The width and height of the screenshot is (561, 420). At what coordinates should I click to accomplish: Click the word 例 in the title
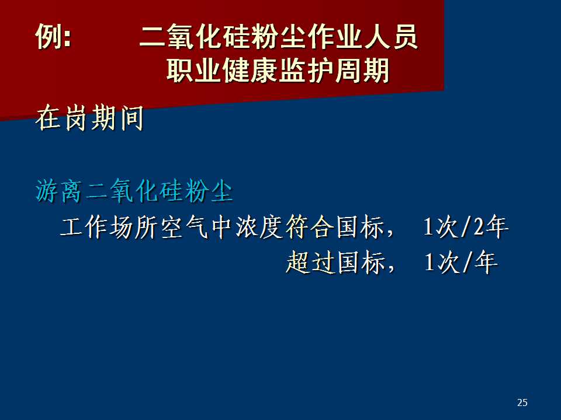pos(49,36)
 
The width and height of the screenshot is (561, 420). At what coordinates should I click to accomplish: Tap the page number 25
pos(522,402)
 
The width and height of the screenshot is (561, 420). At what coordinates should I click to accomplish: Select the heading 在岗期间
pos(89,118)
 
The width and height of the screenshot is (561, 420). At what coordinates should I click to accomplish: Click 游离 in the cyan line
pos(58,191)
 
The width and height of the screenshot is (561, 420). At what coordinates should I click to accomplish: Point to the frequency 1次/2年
pos(466,226)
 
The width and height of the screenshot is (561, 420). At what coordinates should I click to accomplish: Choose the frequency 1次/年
pos(461,262)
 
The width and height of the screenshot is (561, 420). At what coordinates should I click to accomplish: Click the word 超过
pos(310,262)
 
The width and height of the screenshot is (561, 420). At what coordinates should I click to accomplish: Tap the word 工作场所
pos(109,227)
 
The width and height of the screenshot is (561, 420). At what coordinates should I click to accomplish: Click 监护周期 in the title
pos(334,70)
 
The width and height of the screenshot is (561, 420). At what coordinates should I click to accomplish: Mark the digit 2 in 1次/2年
pos(479,227)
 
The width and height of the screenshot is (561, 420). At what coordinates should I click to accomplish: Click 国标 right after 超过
pos(361,262)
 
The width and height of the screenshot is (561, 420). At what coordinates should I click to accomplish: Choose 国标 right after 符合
pos(361,227)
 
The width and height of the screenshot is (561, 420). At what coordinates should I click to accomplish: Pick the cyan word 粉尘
pos(209,191)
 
